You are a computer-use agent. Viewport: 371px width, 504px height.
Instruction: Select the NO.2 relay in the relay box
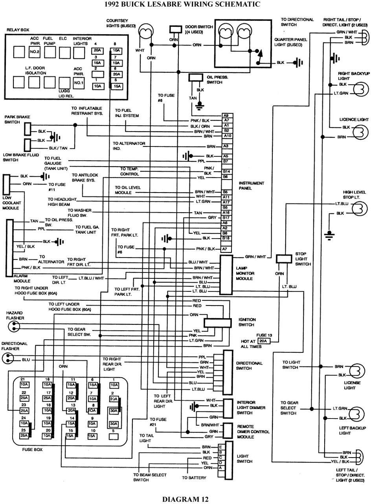[35, 52]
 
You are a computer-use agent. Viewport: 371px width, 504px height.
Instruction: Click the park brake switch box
[27, 128]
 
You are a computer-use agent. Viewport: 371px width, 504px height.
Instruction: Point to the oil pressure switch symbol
[195, 77]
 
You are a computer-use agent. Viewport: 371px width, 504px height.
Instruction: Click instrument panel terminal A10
[226, 136]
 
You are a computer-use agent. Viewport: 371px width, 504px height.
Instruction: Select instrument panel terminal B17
[226, 217]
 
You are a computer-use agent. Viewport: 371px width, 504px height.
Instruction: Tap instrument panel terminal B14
[226, 172]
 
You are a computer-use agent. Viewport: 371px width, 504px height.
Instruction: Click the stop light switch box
[283, 259]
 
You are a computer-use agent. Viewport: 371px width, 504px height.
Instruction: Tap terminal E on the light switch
[220, 447]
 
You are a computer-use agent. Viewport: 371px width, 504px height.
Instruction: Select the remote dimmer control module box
[228, 431]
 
